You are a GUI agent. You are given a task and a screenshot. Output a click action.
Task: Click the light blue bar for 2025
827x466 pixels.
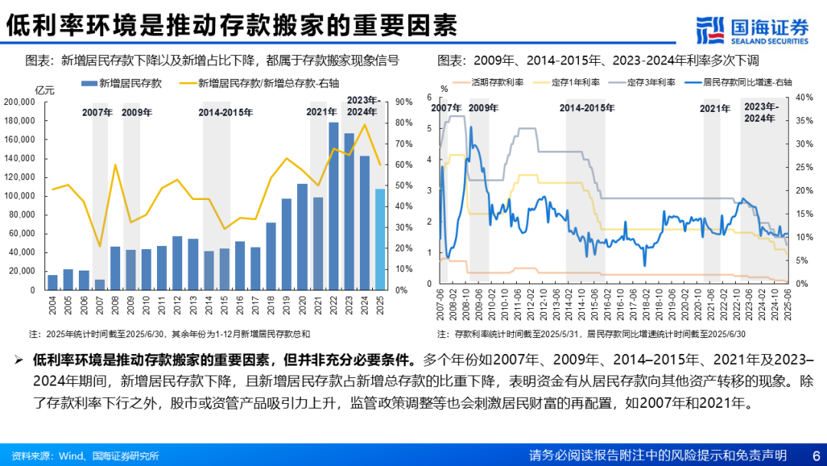[381, 239]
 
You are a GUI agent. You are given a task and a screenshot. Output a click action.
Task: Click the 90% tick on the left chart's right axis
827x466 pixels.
[405, 102]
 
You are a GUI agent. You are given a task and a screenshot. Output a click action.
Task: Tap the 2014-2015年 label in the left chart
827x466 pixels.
[226, 113]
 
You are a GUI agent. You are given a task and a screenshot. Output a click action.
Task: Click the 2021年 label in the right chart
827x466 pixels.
[716, 109]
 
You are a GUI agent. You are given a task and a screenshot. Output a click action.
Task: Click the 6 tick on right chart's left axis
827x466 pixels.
[430, 97]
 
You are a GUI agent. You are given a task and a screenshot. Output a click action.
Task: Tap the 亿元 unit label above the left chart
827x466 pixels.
[46, 90]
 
